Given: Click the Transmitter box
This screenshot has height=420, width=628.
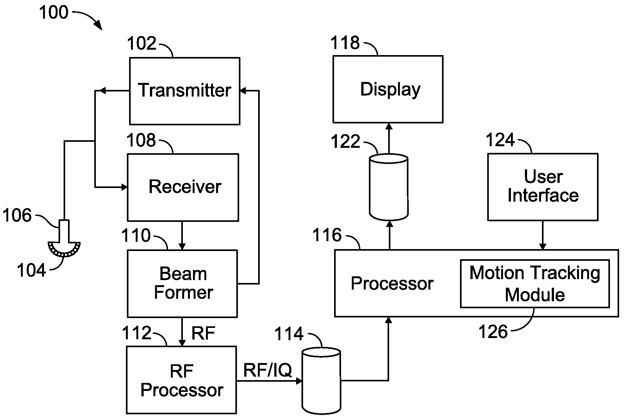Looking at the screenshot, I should coord(184,91).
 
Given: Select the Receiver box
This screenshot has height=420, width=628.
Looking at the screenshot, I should coord(183,187).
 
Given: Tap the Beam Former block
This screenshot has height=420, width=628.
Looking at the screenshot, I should coord(182,284).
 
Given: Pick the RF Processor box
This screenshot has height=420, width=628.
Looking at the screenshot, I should coord(181,380).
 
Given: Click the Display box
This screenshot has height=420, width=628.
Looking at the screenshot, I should coord(388,89).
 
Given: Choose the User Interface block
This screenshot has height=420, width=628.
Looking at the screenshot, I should coord(543,187).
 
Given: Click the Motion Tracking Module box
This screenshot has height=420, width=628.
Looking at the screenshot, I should coord(535,284).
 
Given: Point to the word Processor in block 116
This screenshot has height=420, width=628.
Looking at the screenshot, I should coord(392,284).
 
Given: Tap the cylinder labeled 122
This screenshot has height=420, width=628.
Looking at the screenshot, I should coord(389,187).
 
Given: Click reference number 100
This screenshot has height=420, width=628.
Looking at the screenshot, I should coord(53,13).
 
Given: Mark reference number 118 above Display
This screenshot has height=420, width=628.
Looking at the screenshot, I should coord(345,43).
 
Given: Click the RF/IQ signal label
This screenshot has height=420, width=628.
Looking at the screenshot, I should coord(267,370).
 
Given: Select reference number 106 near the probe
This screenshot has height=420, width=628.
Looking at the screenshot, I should coord(17,216).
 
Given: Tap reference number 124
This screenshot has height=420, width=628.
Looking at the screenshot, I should coord(500,140).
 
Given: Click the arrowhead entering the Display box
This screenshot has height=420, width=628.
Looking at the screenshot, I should coord(389,126).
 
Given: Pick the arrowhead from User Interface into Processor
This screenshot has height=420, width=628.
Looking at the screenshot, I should coord(543,247).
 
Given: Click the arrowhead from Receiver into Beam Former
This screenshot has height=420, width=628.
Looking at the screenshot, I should coord(182,247).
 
